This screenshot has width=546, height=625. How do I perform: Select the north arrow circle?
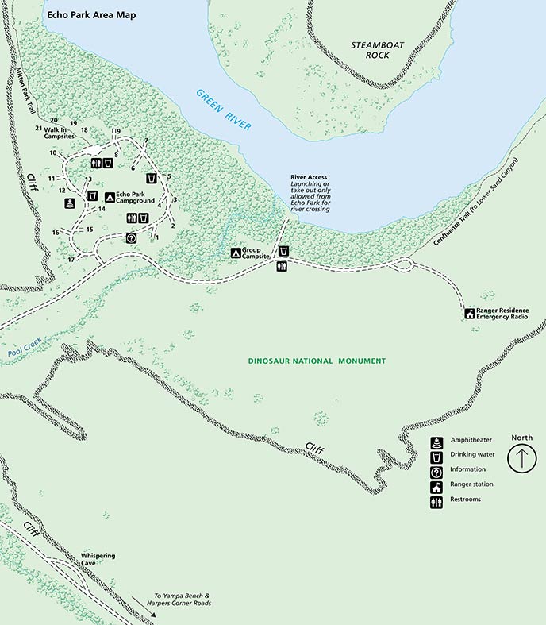[x=522, y=459]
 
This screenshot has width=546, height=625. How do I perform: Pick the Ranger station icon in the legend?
[x=436, y=484]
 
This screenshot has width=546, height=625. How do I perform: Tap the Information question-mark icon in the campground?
[x=132, y=237]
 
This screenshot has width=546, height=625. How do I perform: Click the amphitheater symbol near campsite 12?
[x=71, y=203]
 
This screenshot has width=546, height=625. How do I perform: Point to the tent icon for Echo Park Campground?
[x=110, y=195]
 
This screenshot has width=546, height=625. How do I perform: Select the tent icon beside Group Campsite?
[x=235, y=253]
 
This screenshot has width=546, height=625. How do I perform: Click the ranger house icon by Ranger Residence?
[x=469, y=314]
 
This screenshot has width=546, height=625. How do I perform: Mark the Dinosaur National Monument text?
[x=317, y=361]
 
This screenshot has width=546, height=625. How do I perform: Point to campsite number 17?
[x=71, y=259]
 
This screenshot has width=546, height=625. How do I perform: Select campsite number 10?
[x=53, y=152]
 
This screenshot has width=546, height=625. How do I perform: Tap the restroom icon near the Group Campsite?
[x=282, y=267]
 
